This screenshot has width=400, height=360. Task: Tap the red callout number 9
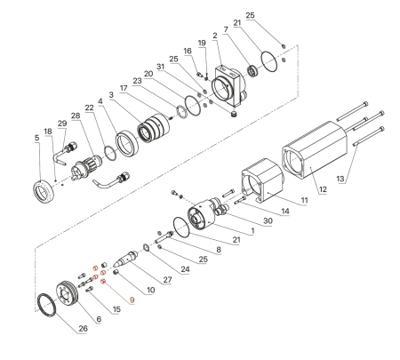(x=132, y=301)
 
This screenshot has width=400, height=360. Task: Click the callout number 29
(x=61, y=122)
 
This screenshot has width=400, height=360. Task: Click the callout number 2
(x=214, y=36)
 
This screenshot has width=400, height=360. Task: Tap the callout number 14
(x=284, y=213)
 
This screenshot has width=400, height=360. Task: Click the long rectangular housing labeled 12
(x=316, y=161)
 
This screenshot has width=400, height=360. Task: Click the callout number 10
(x=150, y=290)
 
